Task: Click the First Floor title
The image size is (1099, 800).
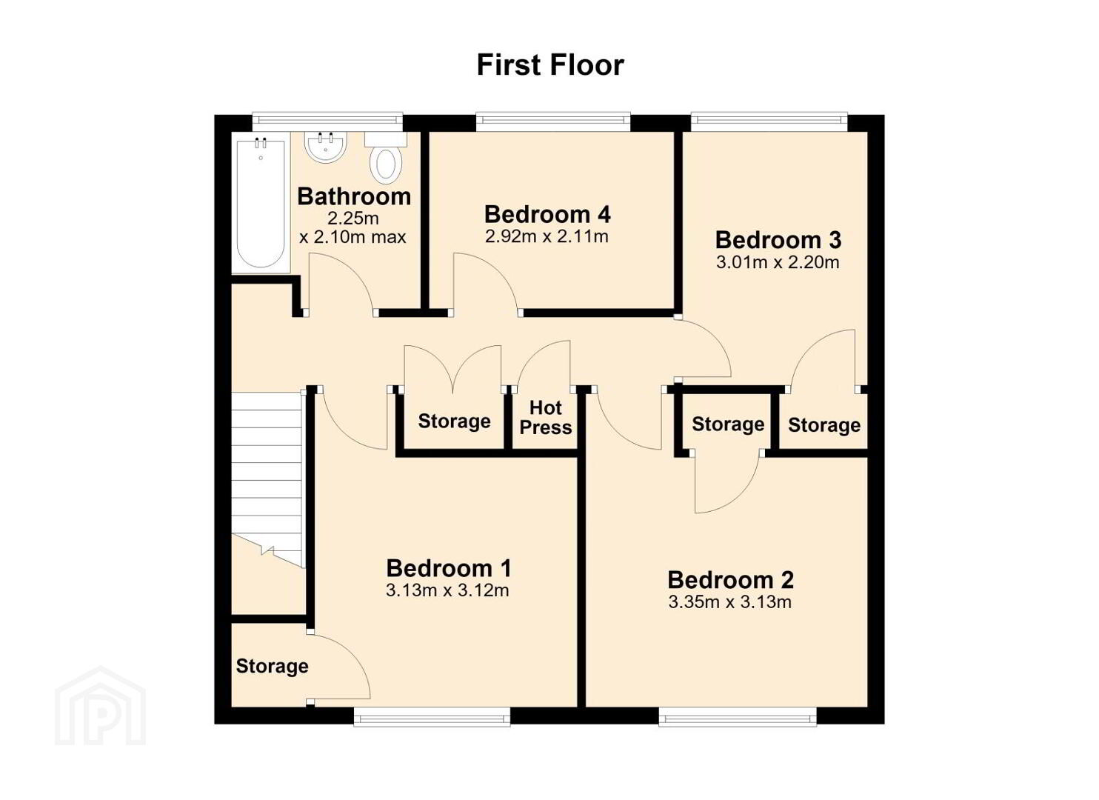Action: click(x=550, y=64)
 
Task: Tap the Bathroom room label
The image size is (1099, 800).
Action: click(x=354, y=196)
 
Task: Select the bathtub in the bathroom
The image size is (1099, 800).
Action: click(x=261, y=203)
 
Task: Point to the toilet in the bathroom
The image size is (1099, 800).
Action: click(x=386, y=156)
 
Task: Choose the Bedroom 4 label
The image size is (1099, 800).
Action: click(x=547, y=215)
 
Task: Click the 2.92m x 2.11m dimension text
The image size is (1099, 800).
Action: click(x=547, y=236)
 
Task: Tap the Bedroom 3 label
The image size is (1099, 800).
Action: click(x=778, y=240)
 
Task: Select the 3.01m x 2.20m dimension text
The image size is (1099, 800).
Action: click(x=778, y=262)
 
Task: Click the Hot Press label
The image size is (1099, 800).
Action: click(x=546, y=418)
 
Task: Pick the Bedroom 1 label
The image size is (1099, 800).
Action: click(x=449, y=568)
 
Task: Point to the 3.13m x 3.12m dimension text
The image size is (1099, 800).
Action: click(x=447, y=590)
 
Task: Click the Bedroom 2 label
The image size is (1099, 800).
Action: click(x=730, y=580)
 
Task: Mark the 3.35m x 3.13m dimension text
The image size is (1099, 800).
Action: click(x=730, y=602)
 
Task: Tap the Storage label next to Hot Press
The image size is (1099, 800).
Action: click(x=454, y=421)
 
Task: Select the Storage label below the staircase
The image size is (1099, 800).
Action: click(x=273, y=666)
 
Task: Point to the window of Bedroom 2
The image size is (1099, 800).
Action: click(x=738, y=717)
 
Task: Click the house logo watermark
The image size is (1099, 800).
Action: click(x=101, y=705)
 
